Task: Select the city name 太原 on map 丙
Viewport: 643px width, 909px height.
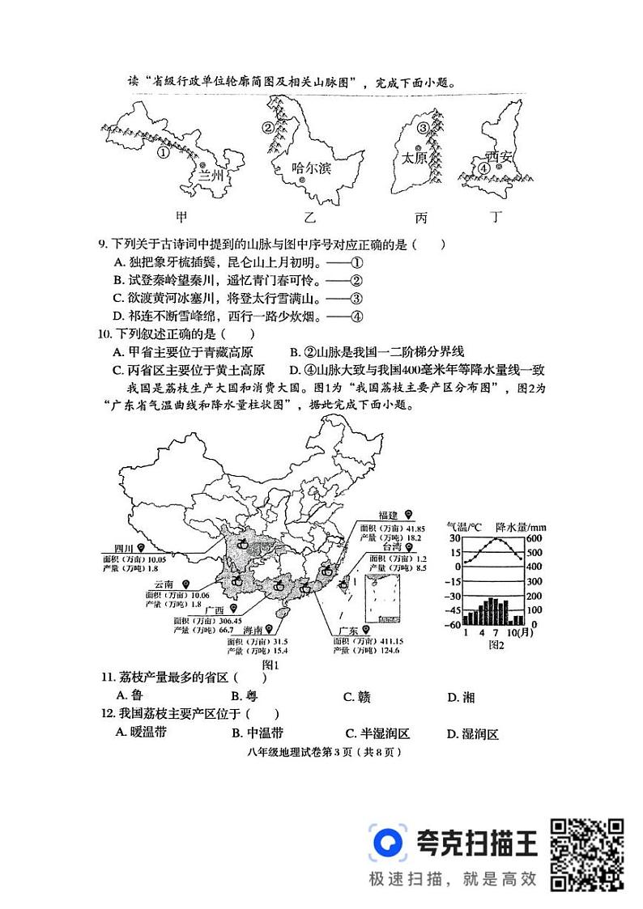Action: pos(414,159)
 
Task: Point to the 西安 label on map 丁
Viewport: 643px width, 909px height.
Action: pos(500,156)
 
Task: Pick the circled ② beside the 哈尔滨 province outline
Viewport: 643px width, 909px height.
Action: pos(267,127)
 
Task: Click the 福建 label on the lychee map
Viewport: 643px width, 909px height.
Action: pos(389,516)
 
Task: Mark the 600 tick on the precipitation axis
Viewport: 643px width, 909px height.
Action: pos(534,540)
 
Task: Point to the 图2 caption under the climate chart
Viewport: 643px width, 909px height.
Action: pos(496,645)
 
